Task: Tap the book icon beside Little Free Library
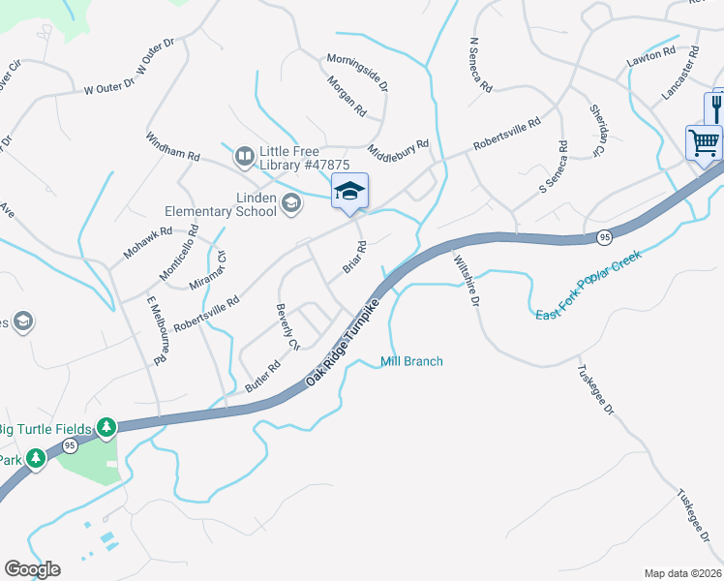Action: pos(243,154)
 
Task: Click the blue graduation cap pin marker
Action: pos(349,190)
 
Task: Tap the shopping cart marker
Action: pos(704,143)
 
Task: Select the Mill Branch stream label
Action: pos(411,361)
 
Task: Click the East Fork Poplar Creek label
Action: pos(588,288)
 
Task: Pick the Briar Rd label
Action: pos(353,258)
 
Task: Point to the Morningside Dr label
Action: pos(357,72)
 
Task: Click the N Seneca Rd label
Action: pos(480,66)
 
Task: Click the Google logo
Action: pos(32,569)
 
